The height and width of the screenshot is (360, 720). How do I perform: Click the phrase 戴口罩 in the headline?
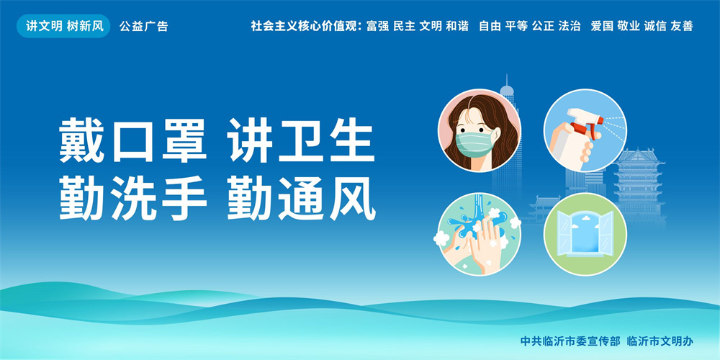point(132,140)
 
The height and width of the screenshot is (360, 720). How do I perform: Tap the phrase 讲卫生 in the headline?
point(302,140)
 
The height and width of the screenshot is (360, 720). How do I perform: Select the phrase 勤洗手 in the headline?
point(132,199)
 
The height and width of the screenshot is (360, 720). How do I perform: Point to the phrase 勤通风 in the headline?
point(302,199)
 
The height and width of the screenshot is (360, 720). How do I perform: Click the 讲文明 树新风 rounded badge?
point(63,26)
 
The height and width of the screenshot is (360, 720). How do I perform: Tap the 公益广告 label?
point(144,27)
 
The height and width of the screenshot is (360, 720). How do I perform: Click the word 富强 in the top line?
point(377,26)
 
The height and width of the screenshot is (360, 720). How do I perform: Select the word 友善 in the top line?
point(681,26)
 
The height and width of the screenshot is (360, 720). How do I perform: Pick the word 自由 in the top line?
point(490,26)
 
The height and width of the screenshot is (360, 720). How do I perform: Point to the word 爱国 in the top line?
point(602,26)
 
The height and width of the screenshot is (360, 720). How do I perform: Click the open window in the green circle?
point(585,234)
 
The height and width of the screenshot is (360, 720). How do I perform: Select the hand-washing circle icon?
point(479,234)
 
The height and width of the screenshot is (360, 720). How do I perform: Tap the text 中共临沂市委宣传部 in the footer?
point(570,341)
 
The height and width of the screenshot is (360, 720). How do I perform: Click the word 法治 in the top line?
point(570,26)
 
